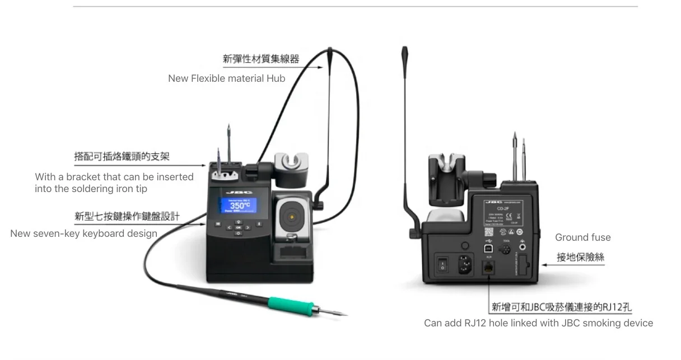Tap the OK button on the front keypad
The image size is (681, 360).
coord(239,228)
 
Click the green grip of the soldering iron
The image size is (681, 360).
coord(289,305)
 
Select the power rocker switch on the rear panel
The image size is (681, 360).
coord(443,264)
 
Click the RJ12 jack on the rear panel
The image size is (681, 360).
coord(488,268)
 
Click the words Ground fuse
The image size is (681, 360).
coord(582,237)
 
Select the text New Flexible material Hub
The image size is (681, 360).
coord(226,78)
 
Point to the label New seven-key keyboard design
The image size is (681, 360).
coord(84,233)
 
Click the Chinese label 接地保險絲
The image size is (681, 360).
coord(580,257)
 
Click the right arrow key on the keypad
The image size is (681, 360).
coord(247,228)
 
